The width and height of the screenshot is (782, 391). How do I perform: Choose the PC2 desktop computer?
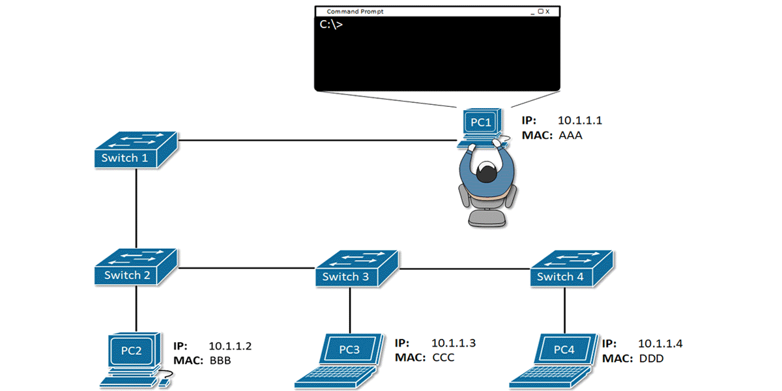pyautogui.click(x=133, y=356)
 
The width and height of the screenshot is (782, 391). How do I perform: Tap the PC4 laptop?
pyautogui.click(x=557, y=358)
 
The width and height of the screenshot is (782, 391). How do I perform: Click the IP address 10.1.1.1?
pyautogui.click(x=580, y=121)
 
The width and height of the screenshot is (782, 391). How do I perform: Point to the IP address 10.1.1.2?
pyautogui.click(x=230, y=345)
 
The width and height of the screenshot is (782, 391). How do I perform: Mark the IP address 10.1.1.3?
pyautogui.click(x=454, y=343)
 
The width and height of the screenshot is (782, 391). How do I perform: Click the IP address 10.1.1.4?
pyautogui.click(x=660, y=343)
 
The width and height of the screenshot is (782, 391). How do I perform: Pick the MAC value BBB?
pyautogui.click(x=220, y=360)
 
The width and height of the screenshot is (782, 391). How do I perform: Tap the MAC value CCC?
pyautogui.click(x=443, y=358)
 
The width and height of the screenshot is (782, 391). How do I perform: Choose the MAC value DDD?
pyautogui.click(x=650, y=358)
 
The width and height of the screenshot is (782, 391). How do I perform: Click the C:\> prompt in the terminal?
pyautogui.click(x=331, y=25)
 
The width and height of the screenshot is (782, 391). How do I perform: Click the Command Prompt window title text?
pyautogui.click(x=355, y=12)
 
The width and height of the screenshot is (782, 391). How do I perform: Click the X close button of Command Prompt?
pyautogui.click(x=547, y=12)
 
